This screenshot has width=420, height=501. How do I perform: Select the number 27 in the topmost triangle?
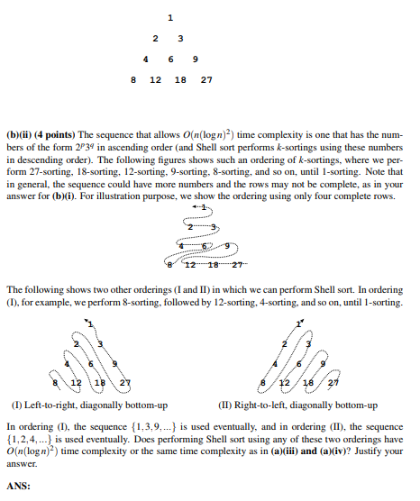point(206,79)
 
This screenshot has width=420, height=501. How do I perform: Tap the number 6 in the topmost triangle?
point(169,59)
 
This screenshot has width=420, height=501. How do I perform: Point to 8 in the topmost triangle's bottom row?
point(134,79)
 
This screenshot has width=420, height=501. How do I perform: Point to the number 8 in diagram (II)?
point(263,383)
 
